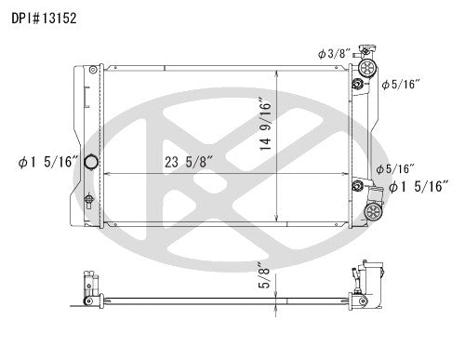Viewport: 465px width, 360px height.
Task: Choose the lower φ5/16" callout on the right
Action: [x=395, y=168]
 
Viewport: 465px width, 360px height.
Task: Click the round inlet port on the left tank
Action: [x=91, y=163]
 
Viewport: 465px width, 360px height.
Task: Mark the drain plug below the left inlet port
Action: [x=88, y=198]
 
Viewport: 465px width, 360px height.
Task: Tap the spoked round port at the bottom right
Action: [x=375, y=212]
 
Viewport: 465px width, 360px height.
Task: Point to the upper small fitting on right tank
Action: [x=356, y=87]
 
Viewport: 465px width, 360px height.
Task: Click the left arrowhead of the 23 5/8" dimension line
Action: [x=106, y=173]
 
